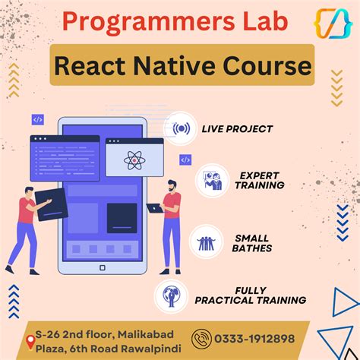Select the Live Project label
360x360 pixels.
point(237,129)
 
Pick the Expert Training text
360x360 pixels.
point(259,179)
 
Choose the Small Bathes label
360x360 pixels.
point(252,243)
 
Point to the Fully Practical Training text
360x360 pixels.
point(251,295)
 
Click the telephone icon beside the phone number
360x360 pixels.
point(203,338)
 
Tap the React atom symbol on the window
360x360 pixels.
point(134,159)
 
